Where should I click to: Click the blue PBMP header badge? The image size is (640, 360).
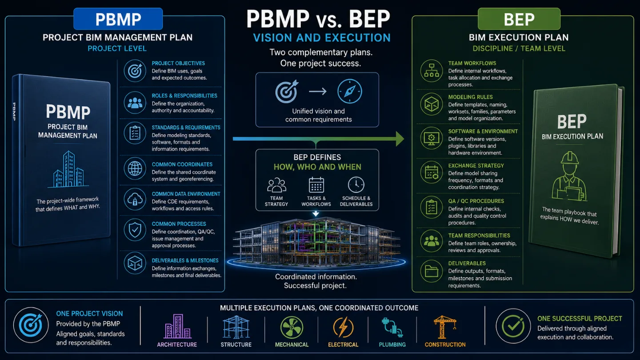(118, 19)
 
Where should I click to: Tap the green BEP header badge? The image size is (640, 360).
(519, 19)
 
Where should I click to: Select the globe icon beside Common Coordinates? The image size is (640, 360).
(135, 168)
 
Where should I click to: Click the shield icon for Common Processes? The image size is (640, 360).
(135, 230)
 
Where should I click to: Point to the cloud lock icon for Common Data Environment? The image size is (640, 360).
(135, 199)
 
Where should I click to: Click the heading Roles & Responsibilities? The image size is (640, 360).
(184, 96)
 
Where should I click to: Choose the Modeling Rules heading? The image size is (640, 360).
(470, 97)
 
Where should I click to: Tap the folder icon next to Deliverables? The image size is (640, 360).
(432, 271)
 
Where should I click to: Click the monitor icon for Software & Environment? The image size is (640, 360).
(432, 138)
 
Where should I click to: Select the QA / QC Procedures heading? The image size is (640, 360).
(476, 201)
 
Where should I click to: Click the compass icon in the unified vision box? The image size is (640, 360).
(350, 91)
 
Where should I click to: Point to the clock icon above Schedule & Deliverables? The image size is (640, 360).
(356, 185)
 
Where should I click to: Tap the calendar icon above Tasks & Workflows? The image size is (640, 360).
(316, 185)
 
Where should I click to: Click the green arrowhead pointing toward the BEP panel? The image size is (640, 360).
(400, 139)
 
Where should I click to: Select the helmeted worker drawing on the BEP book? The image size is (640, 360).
(569, 176)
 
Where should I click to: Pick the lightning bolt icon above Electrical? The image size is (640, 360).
(343, 327)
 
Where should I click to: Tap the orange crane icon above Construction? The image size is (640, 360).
(444, 327)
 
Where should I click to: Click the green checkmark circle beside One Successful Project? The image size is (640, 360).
(513, 326)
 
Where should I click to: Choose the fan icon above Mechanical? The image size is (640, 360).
(292, 327)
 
